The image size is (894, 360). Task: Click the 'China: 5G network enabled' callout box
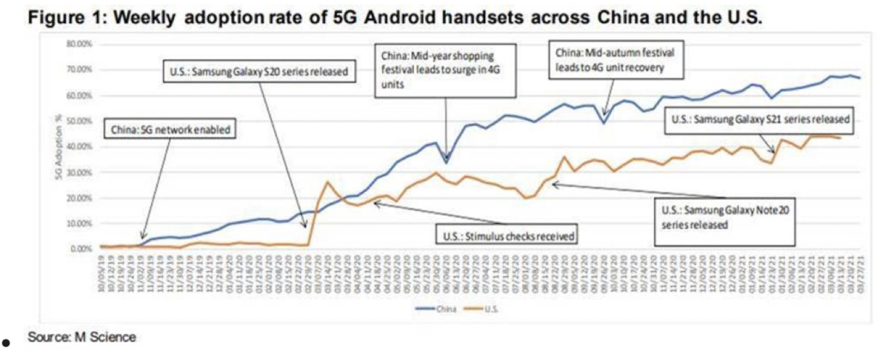[171, 130]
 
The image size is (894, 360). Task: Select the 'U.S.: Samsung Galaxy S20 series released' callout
[257, 72]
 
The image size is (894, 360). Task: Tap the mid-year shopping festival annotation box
[443, 67]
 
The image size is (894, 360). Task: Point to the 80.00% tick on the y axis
[81, 43]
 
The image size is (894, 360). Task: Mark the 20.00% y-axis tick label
[81, 197]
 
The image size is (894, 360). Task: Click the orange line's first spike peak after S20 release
[327, 182]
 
